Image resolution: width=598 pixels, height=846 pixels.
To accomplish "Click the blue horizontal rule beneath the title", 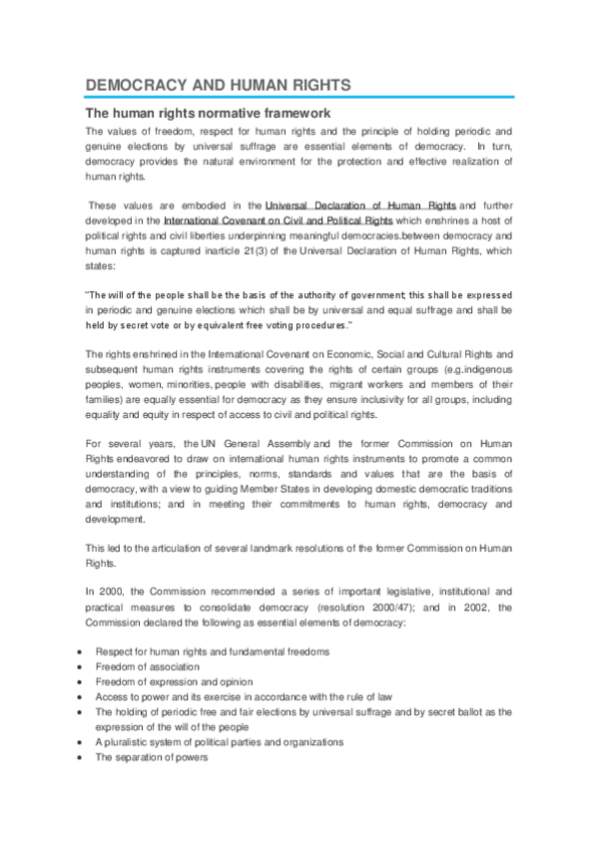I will (299, 98).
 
